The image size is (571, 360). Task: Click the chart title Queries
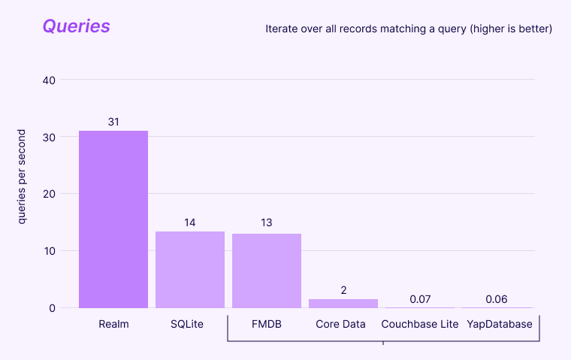(76, 26)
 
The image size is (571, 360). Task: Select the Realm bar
(113, 219)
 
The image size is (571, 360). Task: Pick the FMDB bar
(267, 271)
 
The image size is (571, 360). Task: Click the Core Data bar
(343, 303)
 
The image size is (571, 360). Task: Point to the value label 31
(113, 122)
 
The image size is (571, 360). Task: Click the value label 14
(190, 222)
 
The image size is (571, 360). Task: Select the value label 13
(267, 222)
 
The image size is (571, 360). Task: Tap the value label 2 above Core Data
(343, 290)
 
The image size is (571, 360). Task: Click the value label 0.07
(420, 299)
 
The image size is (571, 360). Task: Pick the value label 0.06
(497, 299)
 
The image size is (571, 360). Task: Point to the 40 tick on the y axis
(49, 80)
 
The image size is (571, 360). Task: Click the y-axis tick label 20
(49, 194)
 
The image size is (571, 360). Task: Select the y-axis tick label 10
(49, 251)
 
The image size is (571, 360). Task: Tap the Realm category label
(113, 325)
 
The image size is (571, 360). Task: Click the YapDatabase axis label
(497, 325)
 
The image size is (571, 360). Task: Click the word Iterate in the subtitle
(282, 29)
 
